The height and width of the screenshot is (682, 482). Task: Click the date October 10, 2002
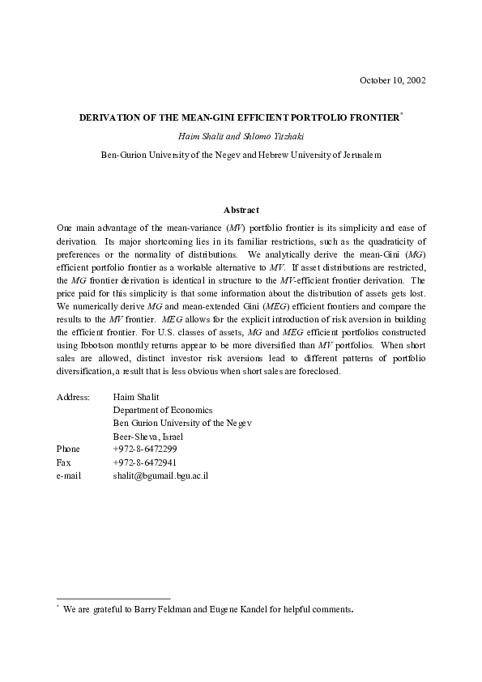392,79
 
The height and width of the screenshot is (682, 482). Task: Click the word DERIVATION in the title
110,117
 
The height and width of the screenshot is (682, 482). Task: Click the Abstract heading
241,211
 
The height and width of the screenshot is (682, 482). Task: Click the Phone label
69,449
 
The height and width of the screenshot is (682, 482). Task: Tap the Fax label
63,462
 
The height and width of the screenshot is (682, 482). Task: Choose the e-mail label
69,475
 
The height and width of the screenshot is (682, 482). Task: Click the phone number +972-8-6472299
145,449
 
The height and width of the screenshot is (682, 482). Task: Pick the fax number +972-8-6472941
145,462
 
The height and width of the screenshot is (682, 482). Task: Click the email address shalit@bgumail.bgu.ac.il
161,475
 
